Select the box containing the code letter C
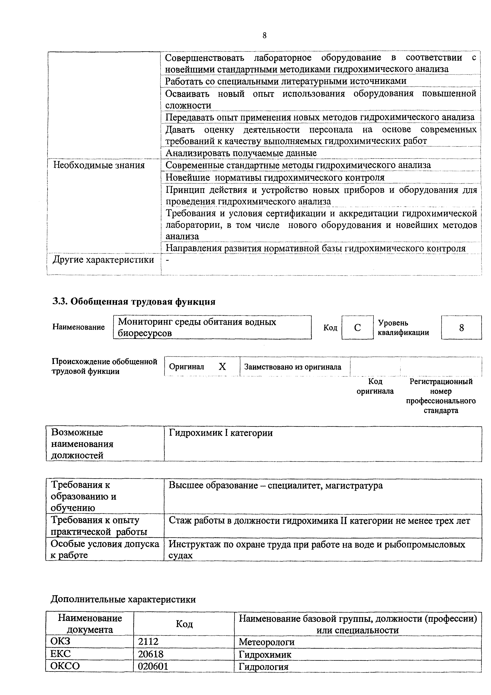(357, 327)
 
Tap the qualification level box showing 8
(461, 327)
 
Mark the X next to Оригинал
(222, 367)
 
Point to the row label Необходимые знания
(99, 165)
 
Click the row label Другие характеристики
(103, 260)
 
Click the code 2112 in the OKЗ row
(148, 642)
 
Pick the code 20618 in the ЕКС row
(151, 654)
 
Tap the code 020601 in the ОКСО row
(153, 666)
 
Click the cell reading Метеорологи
(266, 642)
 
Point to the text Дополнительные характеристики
(123, 599)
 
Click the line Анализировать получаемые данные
(241, 153)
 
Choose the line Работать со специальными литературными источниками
(285, 81)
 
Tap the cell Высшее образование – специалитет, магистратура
(276, 486)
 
